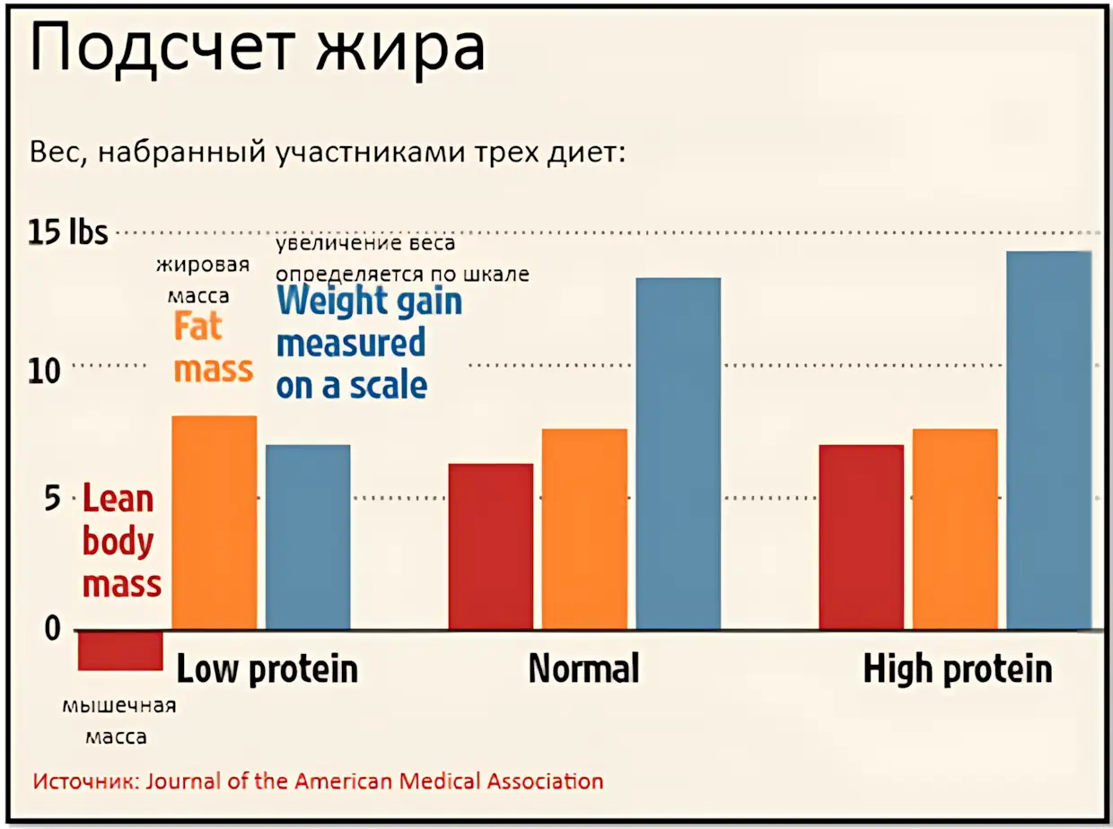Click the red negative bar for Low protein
point(120,650)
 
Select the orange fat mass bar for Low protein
point(215,522)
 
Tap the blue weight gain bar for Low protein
point(308,537)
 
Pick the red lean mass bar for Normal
point(491,546)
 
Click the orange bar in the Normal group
point(584,529)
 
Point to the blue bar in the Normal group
point(679,453)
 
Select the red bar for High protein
point(861,537)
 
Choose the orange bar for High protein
point(955,529)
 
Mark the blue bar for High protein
point(1048,441)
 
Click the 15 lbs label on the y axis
point(67,232)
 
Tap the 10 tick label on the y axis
point(44,371)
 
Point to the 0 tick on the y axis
point(53,628)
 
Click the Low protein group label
point(267,669)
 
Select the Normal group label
point(584,668)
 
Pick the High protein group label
point(958,669)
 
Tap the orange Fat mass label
point(214,347)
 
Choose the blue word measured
point(351,343)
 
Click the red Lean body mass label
point(122,540)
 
